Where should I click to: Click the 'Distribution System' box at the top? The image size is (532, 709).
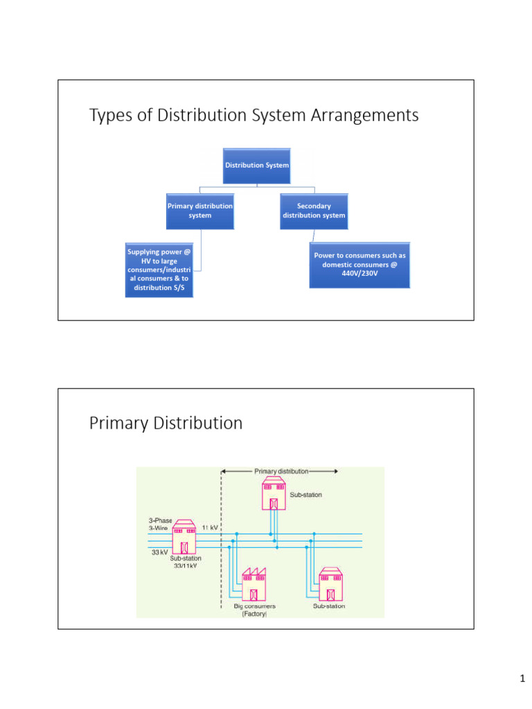click(x=257, y=165)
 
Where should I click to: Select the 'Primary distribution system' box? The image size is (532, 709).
click(x=199, y=210)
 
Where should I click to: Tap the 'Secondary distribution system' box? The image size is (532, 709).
click(x=314, y=210)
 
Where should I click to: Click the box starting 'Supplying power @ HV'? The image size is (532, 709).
click(x=159, y=269)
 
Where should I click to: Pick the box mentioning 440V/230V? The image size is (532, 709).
click(x=360, y=265)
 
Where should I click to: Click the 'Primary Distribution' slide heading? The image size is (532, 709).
click(x=166, y=423)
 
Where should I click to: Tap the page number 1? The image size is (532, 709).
click(x=522, y=679)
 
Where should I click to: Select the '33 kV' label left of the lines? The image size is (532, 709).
click(x=160, y=553)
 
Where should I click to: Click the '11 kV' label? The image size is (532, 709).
click(x=211, y=527)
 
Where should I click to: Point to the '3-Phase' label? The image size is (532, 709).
click(x=160, y=520)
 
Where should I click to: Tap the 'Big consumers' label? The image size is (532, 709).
click(x=254, y=607)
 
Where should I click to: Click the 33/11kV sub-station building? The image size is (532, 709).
click(x=184, y=538)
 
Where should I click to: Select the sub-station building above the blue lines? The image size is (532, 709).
click(x=274, y=494)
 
